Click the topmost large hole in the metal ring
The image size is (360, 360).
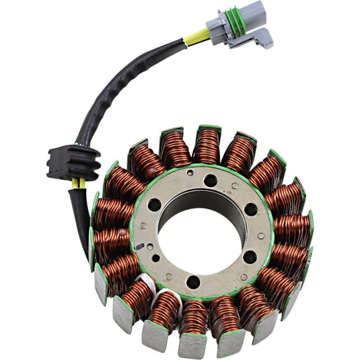pyautogui.click(x=211, y=180)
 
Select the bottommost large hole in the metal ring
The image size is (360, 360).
pyautogui.click(x=193, y=283)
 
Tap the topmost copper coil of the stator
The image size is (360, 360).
pyautogui.click(x=207, y=145)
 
